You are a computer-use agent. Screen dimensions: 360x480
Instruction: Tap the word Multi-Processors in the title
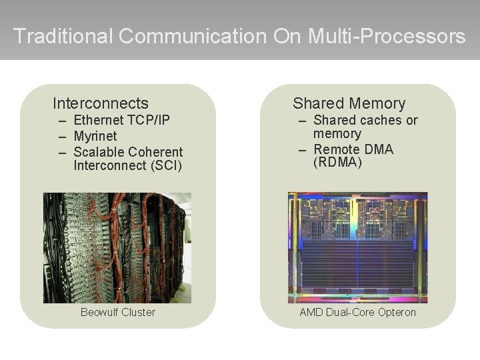click(x=387, y=36)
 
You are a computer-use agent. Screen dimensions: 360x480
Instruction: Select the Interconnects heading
click(x=101, y=103)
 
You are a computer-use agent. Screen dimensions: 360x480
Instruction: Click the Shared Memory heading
click(x=349, y=103)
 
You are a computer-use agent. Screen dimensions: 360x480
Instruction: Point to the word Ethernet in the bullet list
click(x=99, y=121)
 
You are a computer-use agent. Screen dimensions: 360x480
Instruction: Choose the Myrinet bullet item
click(x=96, y=136)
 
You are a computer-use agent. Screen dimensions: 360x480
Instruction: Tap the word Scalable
click(x=98, y=151)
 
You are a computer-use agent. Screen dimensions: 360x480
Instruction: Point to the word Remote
click(x=337, y=149)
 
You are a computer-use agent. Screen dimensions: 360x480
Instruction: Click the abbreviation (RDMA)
click(x=338, y=162)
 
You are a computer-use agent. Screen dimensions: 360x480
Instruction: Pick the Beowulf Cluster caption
click(x=117, y=312)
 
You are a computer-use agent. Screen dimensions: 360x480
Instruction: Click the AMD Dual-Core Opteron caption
click(x=357, y=312)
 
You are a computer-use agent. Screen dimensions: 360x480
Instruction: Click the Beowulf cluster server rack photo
click(x=117, y=248)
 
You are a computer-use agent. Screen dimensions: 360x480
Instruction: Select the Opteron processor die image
click(x=357, y=248)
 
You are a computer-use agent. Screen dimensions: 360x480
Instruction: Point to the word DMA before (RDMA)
click(x=380, y=149)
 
